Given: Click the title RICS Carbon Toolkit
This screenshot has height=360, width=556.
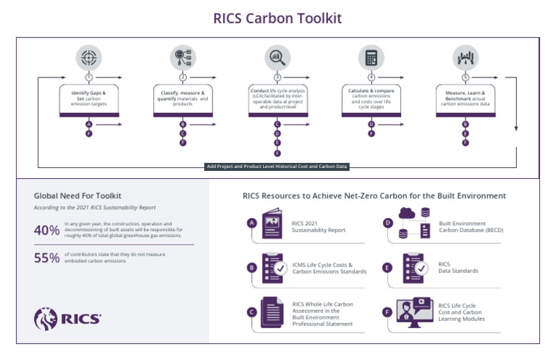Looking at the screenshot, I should (277, 17).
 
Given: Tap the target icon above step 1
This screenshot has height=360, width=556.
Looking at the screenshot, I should (89, 57).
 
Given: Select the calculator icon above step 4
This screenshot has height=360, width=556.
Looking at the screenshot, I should (371, 57).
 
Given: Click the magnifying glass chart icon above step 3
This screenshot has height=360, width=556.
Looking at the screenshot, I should (277, 57).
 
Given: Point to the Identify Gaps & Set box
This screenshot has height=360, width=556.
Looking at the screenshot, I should (89, 99).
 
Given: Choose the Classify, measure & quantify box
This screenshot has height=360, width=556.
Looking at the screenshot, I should (182, 99).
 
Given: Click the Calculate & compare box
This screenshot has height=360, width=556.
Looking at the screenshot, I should (371, 99).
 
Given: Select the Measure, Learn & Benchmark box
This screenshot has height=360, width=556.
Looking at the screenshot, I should (465, 99).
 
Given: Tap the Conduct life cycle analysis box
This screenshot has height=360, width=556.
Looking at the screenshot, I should (277, 99).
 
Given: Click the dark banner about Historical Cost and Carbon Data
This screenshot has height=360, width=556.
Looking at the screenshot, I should (277, 167).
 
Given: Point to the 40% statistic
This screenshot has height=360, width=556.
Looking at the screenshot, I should (46, 230).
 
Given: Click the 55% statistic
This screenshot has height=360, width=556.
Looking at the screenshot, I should (46, 258).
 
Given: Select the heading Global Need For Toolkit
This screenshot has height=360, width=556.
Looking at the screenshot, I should (77, 196).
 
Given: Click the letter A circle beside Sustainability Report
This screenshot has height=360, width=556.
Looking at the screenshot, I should (251, 223).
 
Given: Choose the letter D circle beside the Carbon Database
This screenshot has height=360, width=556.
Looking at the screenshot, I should (388, 223).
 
